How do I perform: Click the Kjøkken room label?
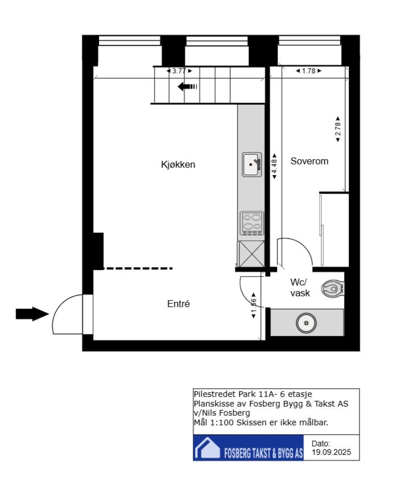tap(178, 164)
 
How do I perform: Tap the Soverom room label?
tap(309, 161)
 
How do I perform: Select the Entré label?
tap(178, 304)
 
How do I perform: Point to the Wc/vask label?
tap(300, 287)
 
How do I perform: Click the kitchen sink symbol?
tap(251, 164)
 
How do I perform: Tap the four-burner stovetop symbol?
tap(252, 223)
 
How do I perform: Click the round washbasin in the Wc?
tap(306, 323)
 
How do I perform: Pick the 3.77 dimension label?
tap(179, 71)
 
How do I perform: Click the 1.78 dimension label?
tap(309, 71)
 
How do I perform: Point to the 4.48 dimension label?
tap(274, 166)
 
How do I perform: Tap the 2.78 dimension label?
tap(338, 129)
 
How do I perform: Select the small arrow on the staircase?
tap(187, 87)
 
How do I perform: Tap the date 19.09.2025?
tap(331, 452)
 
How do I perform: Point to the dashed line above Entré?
tap(138, 268)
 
